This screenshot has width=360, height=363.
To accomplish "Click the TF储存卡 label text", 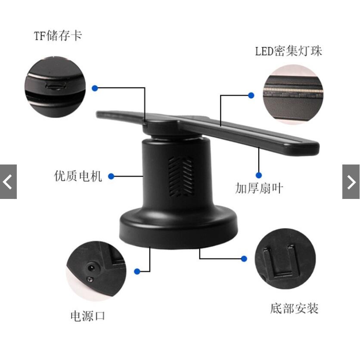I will click(58, 35).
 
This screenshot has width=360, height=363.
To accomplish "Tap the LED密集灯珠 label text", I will click(288, 51).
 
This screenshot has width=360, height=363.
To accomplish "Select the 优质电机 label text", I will click(78, 176).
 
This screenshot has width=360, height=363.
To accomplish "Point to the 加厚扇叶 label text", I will click(259, 188).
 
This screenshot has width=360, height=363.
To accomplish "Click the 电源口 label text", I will click(88, 316).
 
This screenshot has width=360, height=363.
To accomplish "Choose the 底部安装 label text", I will click(294, 308).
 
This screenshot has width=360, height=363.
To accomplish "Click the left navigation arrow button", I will click(8, 182).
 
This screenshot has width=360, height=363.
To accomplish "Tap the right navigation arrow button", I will click(351, 182).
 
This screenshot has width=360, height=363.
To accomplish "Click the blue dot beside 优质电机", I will click(111, 176).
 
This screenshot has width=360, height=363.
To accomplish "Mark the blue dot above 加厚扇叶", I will click(258, 175).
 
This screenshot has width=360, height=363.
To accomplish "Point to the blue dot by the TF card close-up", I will click(95, 88).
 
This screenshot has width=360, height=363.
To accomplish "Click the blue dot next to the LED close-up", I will click(251, 95).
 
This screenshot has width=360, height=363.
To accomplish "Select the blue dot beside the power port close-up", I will click(137, 271).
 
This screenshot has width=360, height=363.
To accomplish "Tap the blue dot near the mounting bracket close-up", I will click(244, 259).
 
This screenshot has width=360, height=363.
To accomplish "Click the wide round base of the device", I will click(178, 226).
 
